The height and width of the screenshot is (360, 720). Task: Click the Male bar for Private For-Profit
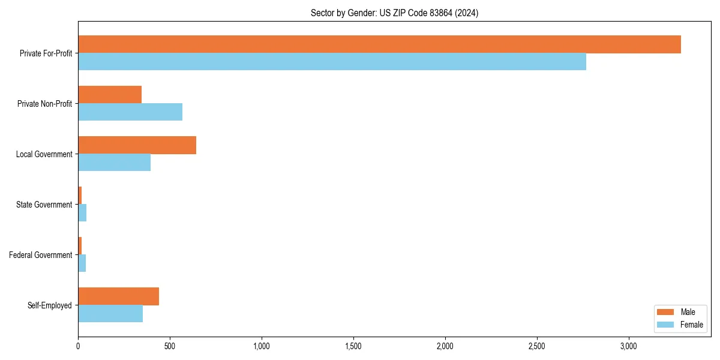coord(379,44)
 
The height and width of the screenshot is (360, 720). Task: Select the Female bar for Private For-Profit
coord(332,62)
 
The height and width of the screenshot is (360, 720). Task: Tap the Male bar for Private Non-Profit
coord(110,95)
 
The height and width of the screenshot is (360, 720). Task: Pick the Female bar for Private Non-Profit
coord(130,112)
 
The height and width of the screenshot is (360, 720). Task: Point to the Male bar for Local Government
coord(137,145)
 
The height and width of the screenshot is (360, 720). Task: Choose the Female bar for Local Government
coord(114,163)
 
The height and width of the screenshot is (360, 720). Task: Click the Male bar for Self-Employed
coord(118,296)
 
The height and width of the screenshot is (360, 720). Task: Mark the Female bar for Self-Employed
coord(110,314)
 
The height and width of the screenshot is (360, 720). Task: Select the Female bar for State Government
coord(82,213)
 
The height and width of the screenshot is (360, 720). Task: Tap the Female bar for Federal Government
coord(82,263)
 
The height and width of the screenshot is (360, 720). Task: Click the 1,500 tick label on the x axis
coord(353,347)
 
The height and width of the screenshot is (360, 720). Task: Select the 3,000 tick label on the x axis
coord(628,347)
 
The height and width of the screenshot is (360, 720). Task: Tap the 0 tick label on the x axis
coord(78,347)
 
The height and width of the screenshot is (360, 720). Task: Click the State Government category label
coord(44,205)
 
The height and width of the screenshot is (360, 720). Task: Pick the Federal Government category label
coord(41,255)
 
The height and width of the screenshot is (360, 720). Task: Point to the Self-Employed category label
coord(50,305)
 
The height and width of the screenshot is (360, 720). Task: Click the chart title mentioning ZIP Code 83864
coord(394,13)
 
